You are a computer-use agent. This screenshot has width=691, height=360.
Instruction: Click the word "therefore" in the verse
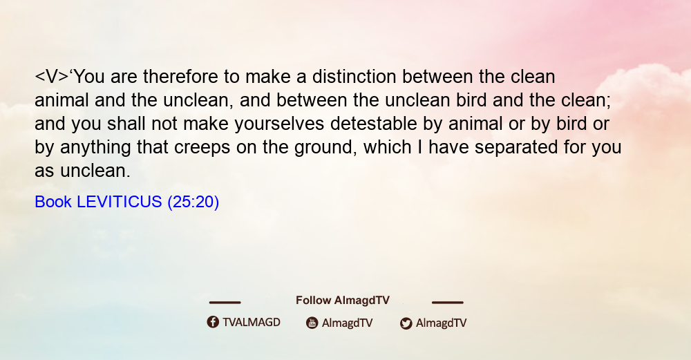pyautogui.click(x=180, y=77)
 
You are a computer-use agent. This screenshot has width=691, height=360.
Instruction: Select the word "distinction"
pyautogui.click(x=354, y=77)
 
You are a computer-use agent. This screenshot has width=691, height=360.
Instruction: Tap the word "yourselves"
pyautogui.click(x=279, y=124)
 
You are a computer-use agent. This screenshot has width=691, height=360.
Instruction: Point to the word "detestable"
pyautogui.click(x=374, y=124)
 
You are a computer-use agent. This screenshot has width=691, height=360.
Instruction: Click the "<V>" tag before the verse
pyautogui.click(x=52, y=77)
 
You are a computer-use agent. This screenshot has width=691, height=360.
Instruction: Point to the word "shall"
pyautogui.click(x=126, y=124)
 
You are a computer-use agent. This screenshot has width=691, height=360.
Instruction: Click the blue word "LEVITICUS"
pyautogui.click(x=120, y=202)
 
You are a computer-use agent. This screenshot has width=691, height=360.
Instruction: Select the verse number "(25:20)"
pyautogui.click(x=193, y=202)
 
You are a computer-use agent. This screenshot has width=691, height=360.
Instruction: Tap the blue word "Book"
pyautogui.click(x=53, y=202)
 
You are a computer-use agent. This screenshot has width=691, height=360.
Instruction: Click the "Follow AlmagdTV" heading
pyautogui.click(x=343, y=301)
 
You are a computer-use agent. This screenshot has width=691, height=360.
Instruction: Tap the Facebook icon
pyautogui.click(x=213, y=322)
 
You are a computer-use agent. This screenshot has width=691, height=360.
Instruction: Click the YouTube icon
pyautogui.click(x=312, y=323)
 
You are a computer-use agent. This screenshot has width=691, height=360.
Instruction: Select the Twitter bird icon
pyautogui.click(x=406, y=323)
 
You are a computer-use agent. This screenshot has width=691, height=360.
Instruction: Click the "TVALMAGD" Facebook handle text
pyautogui.click(x=252, y=323)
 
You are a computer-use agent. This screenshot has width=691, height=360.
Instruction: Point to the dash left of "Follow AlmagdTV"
pyautogui.click(x=225, y=303)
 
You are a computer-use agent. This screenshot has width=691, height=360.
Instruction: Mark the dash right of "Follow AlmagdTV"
pyautogui.click(x=448, y=303)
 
